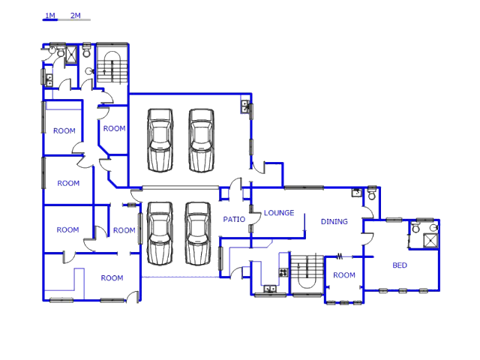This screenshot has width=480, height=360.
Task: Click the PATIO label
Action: pos(234,219)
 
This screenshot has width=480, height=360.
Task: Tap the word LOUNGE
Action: pos(279,213)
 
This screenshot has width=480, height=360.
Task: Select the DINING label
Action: pos(334,221)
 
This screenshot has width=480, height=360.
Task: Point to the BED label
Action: pos(400,265)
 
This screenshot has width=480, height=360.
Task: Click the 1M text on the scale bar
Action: pos(49,15)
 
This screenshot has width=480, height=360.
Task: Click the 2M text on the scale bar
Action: pos(75,15)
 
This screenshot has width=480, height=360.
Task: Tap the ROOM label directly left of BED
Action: pos(344,275)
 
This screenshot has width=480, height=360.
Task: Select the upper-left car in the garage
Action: pos(160,140)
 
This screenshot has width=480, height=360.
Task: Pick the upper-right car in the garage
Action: pos(201,140)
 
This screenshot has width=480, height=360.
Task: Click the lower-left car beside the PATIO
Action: pos(160,233)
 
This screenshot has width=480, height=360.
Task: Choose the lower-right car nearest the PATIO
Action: pos(198,233)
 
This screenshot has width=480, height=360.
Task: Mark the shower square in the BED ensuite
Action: pos(430,241)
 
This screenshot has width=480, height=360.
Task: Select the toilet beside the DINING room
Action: pos(370,193)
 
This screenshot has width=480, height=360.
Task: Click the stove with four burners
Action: pos(283,272)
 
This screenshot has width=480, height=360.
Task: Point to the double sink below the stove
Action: pos(270,289)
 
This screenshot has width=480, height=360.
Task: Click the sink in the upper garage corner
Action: pos(245,107)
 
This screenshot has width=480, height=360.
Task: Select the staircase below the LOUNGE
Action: pos(304,274)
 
